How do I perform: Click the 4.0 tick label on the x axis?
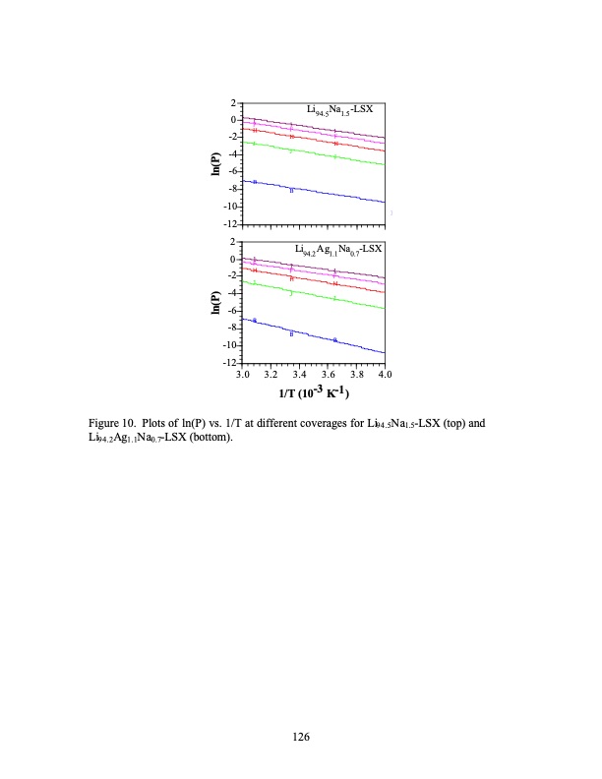385,375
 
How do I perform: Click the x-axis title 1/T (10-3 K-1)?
313,393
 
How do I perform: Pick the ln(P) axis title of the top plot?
215,164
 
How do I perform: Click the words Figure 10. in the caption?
112,424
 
